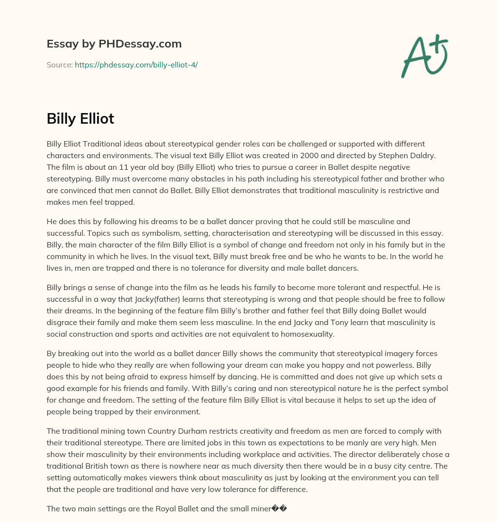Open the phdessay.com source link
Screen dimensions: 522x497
(136, 65)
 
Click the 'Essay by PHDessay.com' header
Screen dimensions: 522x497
(114, 44)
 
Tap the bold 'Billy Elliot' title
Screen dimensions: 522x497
(80, 118)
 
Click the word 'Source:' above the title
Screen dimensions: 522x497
(59, 65)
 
